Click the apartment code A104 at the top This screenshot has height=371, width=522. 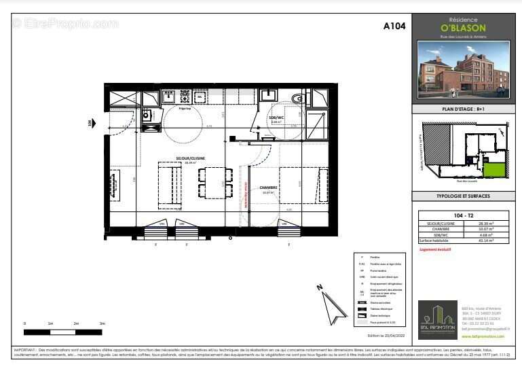(394, 26)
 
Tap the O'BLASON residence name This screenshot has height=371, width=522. (463, 29)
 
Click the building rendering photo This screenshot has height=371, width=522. (463, 72)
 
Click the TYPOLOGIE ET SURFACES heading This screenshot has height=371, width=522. (463, 196)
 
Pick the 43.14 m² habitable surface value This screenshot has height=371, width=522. (485, 241)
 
